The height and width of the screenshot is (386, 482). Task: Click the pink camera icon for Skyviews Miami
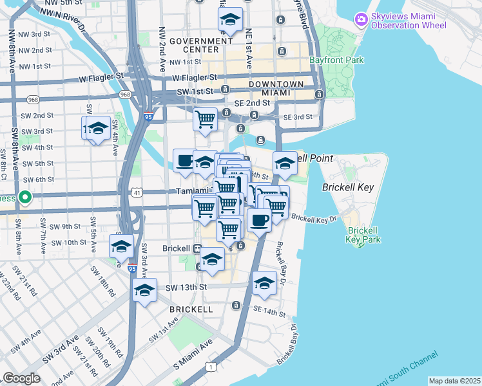pos(361,19)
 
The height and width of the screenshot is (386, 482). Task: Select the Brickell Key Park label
pos(364,235)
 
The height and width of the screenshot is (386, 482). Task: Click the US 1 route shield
pos(210,366)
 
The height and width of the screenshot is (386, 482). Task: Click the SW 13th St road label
pos(186,287)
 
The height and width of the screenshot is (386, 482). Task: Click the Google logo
pos(21,378)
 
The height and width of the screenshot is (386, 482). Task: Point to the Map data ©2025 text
pos(454,381)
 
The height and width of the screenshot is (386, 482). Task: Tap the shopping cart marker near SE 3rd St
pos(205,119)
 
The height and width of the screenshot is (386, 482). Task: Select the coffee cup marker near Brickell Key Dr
pos(259,221)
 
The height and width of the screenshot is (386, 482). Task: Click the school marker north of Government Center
pos(230,21)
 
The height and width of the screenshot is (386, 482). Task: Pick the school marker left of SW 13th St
pos(145,291)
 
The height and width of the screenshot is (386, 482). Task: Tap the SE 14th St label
pos(269,311)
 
